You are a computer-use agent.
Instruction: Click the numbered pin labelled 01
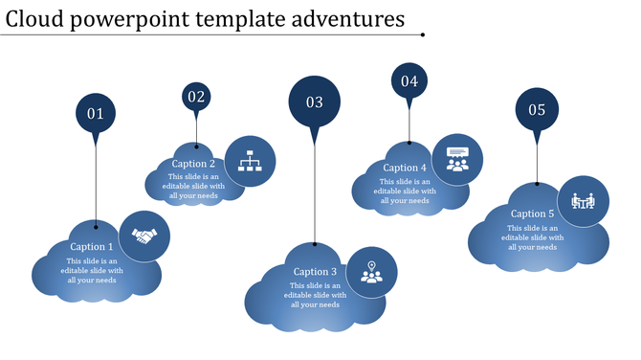(x=96, y=113)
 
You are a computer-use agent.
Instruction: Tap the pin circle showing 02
(x=196, y=96)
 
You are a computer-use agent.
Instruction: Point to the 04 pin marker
(x=409, y=80)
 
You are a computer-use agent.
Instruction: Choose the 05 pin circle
(x=537, y=110)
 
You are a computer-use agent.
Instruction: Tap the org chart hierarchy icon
(x=250, y=160)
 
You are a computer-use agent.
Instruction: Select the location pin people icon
(x=371, y=272)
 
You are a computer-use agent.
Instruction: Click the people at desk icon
(x=583, y=201)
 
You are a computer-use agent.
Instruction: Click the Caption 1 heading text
(x=92, y=247)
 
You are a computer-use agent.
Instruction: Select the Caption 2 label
(x=193, y=164)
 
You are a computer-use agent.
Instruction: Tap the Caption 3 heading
(x=315, y=272)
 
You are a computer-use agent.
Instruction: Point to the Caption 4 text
(x=405, y=168)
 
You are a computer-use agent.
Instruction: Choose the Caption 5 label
(x=532, y=214)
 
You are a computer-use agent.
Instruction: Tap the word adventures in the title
(x=349, y=19)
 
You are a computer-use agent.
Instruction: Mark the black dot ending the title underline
(x=423, y=35)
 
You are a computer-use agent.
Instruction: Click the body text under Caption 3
(x=312, y=295)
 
